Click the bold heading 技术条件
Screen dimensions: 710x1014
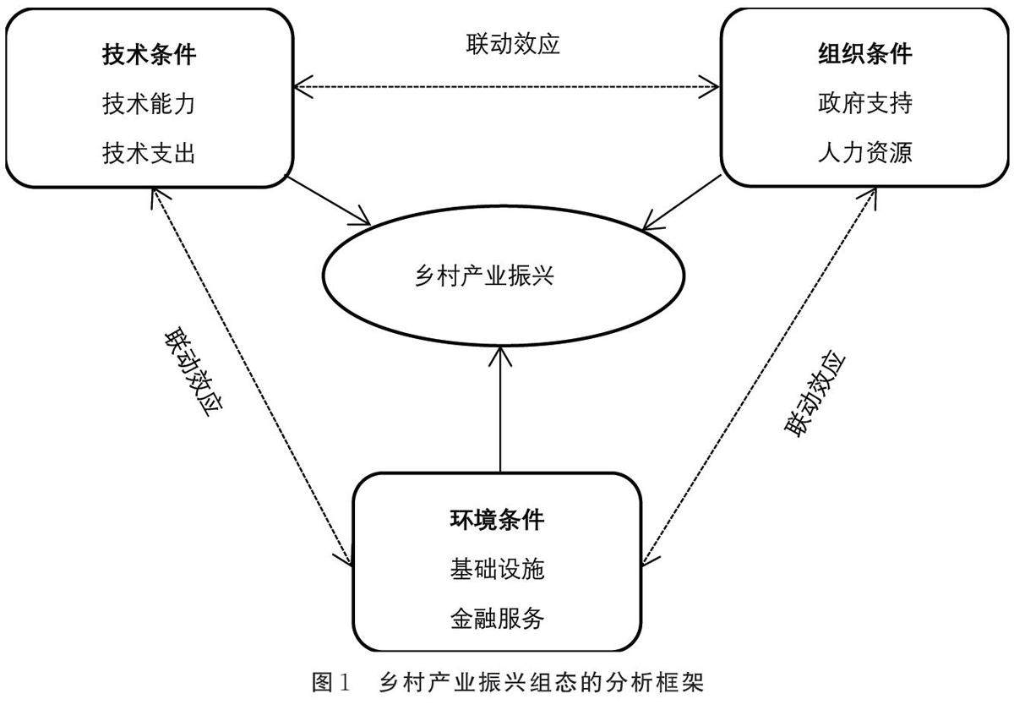[149, 57]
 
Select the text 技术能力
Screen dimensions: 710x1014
[149, 106]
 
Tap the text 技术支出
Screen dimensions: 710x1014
[149, 154]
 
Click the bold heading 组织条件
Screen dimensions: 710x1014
[864, 55]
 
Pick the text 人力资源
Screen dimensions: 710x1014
[864, 153]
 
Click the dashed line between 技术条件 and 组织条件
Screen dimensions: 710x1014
[507, 86]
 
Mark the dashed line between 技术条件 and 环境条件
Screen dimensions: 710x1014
[252, 376]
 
